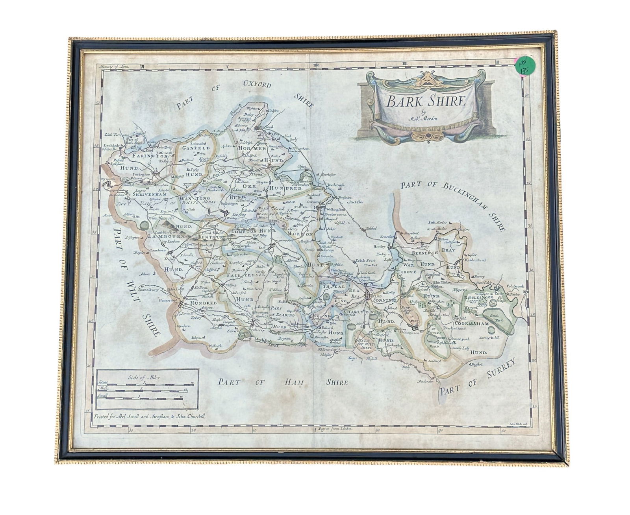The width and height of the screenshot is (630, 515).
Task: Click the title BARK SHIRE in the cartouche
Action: [426, 102]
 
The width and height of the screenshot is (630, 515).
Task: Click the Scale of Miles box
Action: [146, 389]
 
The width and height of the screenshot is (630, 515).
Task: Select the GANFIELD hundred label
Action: [195, 148]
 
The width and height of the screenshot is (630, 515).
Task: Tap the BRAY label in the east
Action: [448, 250]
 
